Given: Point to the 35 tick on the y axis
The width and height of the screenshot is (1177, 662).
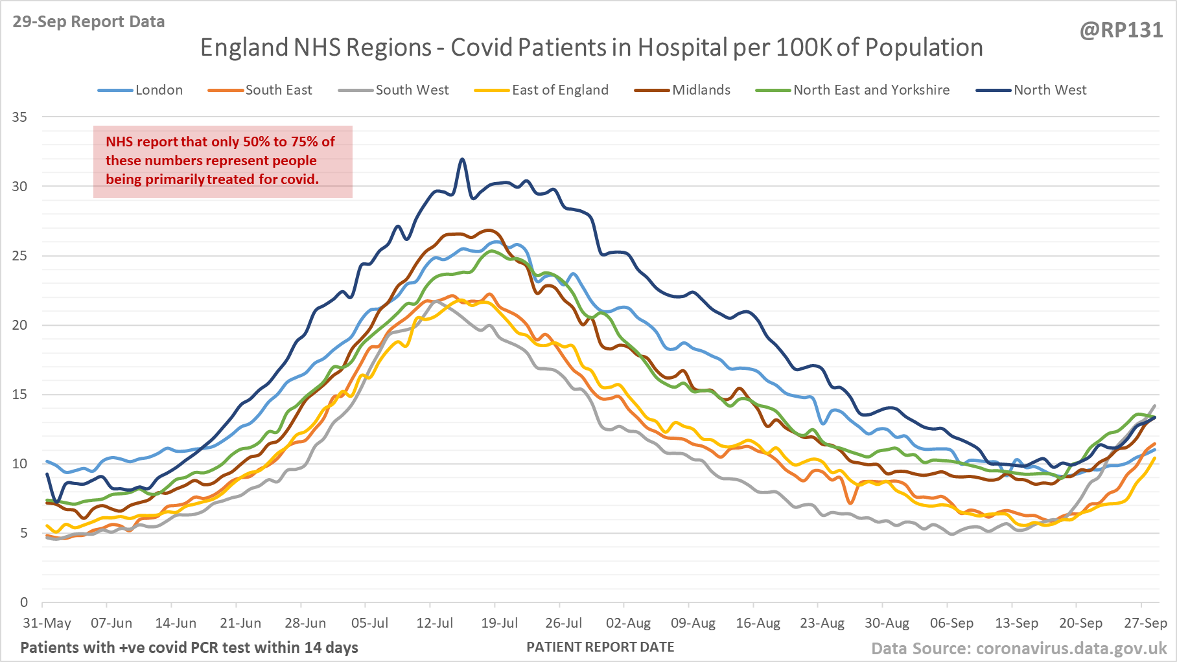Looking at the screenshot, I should (19, 117).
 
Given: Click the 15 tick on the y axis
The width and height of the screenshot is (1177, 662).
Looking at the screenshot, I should (19, 394).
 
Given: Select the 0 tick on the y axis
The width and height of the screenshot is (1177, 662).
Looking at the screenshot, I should (24, 602).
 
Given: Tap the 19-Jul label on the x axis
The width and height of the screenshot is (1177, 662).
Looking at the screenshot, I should (499, 623).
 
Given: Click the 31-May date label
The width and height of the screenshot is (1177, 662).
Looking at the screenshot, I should (47, 623).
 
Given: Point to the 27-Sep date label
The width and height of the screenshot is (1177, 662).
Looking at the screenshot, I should (1145, 623).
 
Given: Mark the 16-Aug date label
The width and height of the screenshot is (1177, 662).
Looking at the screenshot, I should (758, 623).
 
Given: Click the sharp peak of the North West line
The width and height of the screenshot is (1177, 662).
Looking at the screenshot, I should (462, 159).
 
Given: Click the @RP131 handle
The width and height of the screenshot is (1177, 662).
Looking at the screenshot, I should (1121, 30).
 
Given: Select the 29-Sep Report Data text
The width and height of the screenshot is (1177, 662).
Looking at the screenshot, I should (89, 21).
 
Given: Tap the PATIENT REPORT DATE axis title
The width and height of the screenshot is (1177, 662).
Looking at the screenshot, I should (600, 647).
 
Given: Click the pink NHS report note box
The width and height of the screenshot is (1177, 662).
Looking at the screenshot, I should (222, 161).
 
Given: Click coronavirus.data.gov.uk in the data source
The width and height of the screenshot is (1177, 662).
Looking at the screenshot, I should (1071, 648).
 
